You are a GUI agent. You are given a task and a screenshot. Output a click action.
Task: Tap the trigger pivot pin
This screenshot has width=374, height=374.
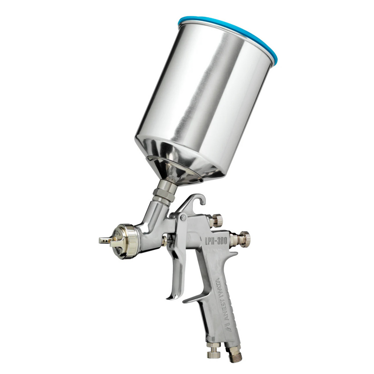click(183, 218)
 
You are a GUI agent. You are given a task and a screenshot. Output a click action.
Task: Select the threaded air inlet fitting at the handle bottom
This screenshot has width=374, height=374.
click(235, 353)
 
